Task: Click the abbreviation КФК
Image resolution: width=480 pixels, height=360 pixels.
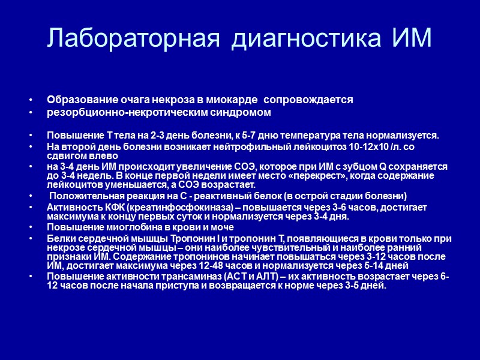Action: click(98, 207)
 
